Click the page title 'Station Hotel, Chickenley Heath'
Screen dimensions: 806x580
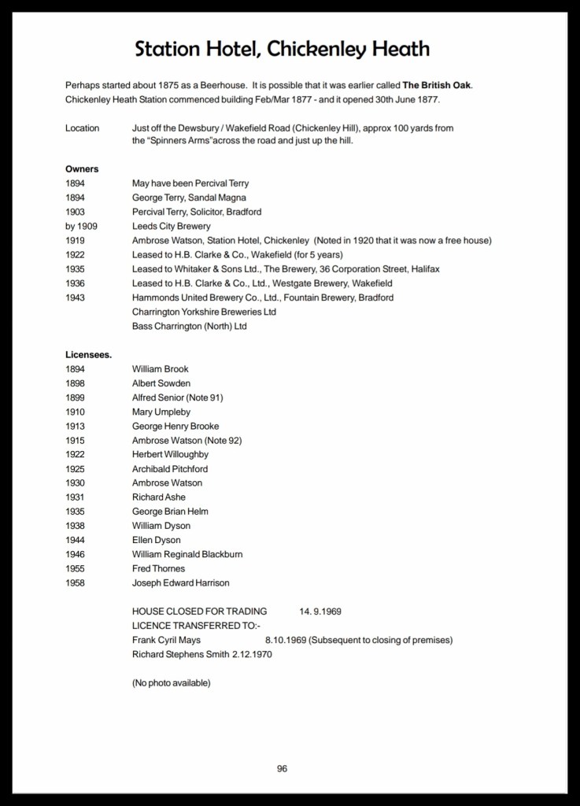(282, 50)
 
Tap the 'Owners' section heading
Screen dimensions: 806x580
(82, 169)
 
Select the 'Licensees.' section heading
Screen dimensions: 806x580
(88, 355)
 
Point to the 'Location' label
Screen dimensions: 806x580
(82, 128)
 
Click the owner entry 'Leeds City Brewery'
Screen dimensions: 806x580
(172, 226)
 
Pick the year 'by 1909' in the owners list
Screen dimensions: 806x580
(82, 226)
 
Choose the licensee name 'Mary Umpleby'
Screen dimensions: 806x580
(161, 412)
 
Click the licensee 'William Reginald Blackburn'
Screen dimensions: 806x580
(187, 554)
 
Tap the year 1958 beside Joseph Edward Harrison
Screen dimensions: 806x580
(76, 582)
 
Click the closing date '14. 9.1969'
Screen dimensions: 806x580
(320, 612)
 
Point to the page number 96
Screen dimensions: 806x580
(282, 769)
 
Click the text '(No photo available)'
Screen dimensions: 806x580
(171, 682)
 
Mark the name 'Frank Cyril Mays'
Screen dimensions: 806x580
(166, 640)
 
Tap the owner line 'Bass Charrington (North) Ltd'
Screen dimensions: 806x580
(189, 326)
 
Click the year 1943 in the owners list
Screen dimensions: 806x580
(76, 298)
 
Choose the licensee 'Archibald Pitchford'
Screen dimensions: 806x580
(170, 468)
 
